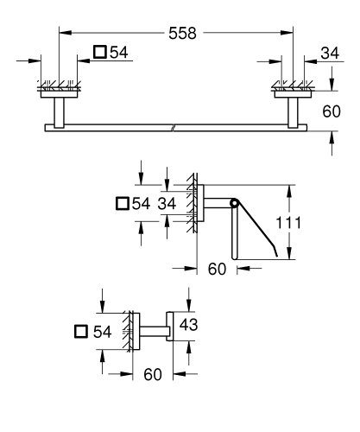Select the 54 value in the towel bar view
point(119,54)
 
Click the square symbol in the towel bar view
point(100,54)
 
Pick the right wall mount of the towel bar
point(289,103)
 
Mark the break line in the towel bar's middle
point(174,128)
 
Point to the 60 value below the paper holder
point(217,270)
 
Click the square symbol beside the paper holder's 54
point(121,204)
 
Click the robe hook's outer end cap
point(172,330)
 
